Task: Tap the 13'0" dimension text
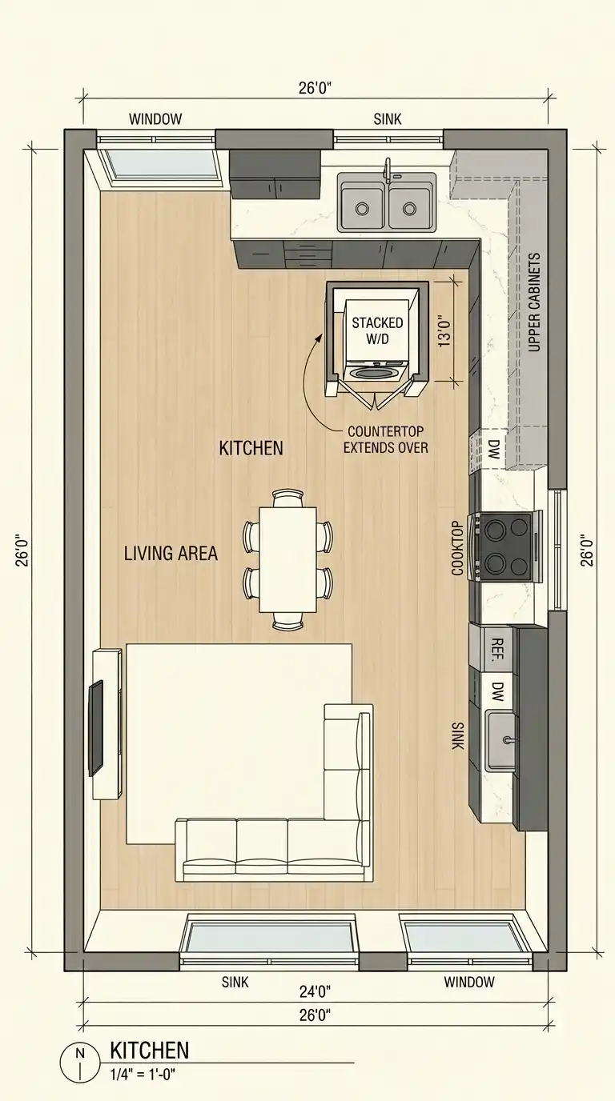[444, 330]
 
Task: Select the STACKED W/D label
[377, 330]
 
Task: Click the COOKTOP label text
[457, 548]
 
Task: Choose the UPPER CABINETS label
[534, 302]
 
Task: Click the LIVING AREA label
[171, 554]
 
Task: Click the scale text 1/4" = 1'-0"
[143, 1075]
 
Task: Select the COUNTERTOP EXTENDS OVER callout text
[386, 439]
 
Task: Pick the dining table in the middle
[287, 559]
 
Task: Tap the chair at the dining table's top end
[287, 498]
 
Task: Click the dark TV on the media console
[96, 728]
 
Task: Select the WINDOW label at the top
[155, 119]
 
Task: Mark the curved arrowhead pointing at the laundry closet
[320, 338]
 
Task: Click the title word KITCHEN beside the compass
[150, 1051]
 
